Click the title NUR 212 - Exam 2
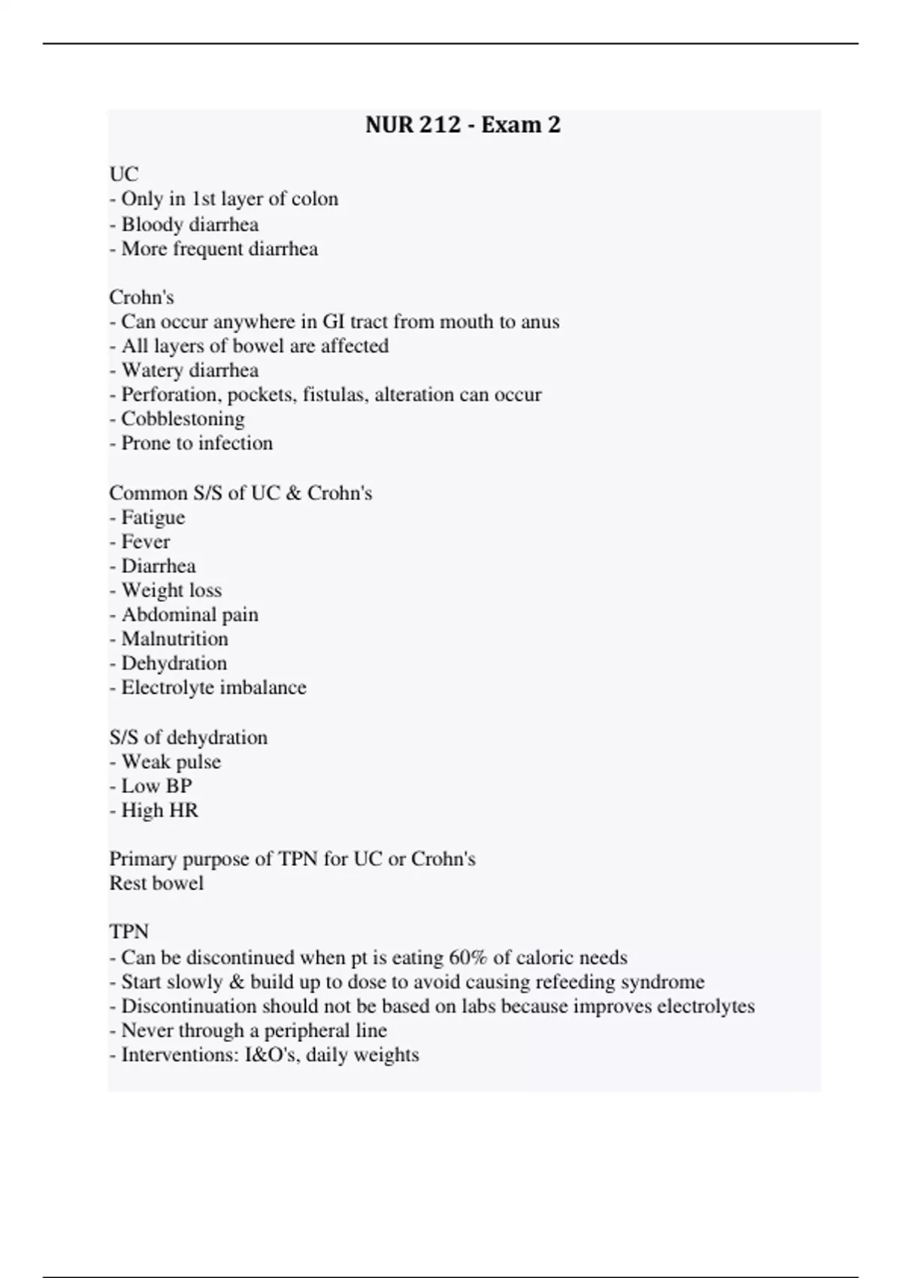point(462,125)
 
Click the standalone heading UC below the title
point(124,174)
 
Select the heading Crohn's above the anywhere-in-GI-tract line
point(141,297)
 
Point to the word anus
point(540,322)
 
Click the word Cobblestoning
point(183,419)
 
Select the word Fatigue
point(153,517)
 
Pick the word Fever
point(146,541)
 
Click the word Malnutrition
point(174,639)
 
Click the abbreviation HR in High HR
point(183,810)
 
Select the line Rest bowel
point(156,883)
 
